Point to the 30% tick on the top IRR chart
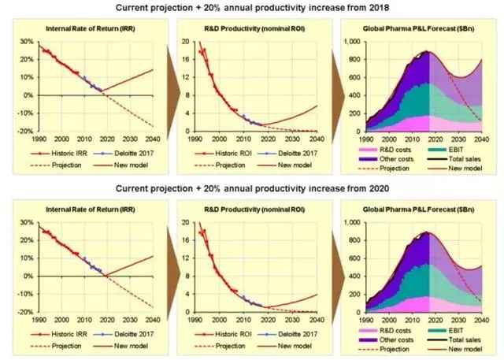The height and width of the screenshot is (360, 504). pyautogui.click(x=27, y=41)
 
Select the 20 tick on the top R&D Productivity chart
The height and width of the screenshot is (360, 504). pyautogui.click(x=186, y=41)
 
